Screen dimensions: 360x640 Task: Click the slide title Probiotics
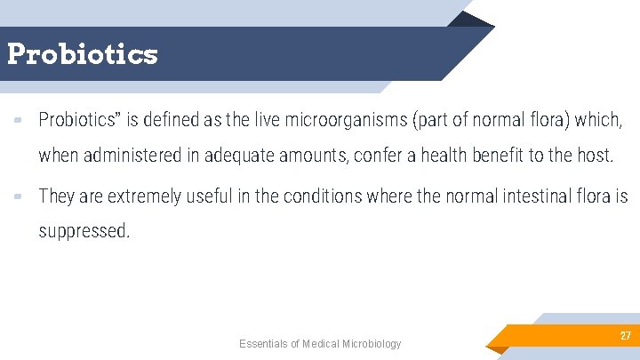(82, 54)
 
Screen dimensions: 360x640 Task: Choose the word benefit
(502, 156)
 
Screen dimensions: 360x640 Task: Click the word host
(594, 156)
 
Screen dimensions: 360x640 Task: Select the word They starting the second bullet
(57, 196)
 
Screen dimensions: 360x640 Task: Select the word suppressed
(84, 232)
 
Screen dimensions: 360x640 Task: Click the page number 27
(625, 336)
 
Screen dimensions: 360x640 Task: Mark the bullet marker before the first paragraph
(18, 119)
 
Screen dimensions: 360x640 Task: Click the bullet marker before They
(18, 196)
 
